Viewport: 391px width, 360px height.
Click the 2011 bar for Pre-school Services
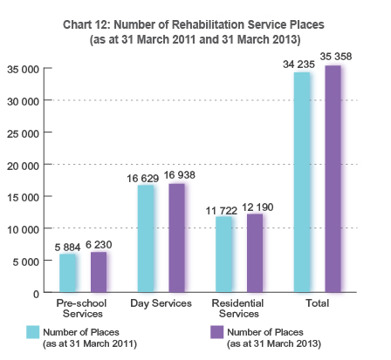[x=67, y=274]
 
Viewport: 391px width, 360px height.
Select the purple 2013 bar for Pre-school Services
[x=98, y=272]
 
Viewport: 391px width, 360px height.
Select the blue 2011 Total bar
[x=302, y=182]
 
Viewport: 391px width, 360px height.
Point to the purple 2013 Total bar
[x=333, y=179]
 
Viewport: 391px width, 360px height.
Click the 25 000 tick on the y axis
[x=24, y=132]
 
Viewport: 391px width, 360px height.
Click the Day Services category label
[x=161, y=303]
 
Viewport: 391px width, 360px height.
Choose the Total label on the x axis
[x=318, y=303]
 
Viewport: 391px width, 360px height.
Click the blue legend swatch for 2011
[x=33, y=332]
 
